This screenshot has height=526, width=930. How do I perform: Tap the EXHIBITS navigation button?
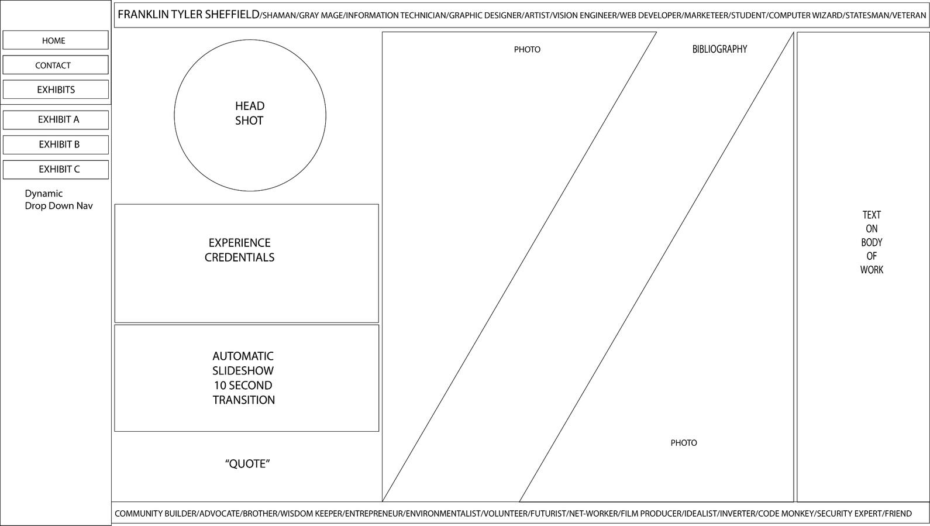tap(55, 90)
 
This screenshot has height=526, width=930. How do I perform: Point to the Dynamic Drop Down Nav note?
tap(58, 200)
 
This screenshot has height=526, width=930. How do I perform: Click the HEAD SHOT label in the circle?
tap(250, 114)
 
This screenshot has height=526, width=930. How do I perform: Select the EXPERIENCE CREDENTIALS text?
tap(239, 250)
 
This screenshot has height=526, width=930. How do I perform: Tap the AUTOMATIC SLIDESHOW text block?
tap(243, 378)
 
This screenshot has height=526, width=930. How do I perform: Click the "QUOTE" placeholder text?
tap(247, 464)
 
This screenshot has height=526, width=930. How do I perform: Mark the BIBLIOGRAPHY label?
tap(719, 49)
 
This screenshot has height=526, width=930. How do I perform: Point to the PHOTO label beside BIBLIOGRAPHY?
tap(527, 50)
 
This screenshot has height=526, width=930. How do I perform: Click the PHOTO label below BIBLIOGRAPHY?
tap(683, 443)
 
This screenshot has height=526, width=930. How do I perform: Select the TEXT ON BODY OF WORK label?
tap(872, 242)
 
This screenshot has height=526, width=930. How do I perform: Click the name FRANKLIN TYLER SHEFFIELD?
tap(188, 15)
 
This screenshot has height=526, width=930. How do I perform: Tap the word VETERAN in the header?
tap(909, 15)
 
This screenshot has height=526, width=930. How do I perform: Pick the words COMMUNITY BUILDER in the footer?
tap(156, 514)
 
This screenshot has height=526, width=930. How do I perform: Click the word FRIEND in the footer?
tap(898, 514)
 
